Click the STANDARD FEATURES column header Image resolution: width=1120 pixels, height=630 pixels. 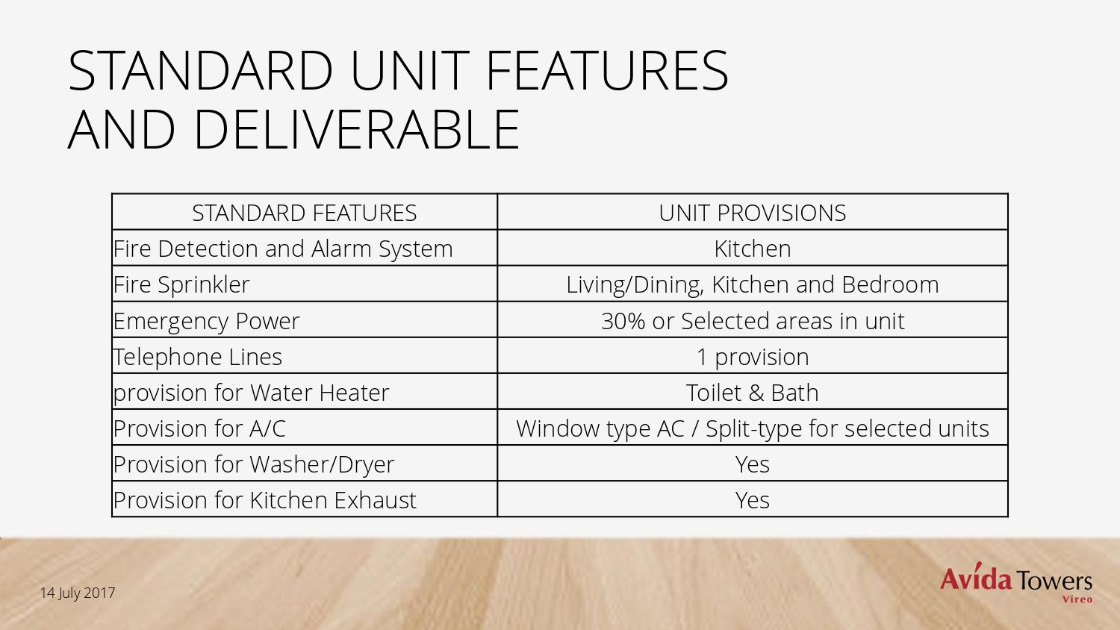click(304, 213)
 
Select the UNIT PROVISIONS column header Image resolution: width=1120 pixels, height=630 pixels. click(753, 213)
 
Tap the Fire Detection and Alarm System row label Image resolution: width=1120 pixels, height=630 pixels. click(283, 249)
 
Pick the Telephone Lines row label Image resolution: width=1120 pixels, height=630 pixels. click(198, 357)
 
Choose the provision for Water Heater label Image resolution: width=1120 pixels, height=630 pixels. click(251, 393)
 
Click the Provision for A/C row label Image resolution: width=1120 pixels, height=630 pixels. click(199, 428)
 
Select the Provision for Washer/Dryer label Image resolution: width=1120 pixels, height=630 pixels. click(254, 464)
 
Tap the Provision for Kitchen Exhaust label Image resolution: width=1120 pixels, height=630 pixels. click(265, 500)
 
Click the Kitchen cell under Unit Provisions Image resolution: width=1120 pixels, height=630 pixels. click(753, 249)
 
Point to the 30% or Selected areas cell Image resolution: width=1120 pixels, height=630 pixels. click(753, 321)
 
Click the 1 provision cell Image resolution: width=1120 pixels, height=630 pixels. click(753, 358)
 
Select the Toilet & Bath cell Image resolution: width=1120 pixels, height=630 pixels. click(753, 393)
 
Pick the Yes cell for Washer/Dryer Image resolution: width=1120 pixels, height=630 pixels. click(753, 464)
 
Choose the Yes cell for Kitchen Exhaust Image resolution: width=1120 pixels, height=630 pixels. click(753, 500)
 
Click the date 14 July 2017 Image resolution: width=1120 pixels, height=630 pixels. click(78, 593)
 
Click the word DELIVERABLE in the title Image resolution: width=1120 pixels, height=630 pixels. click(356, 130)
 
